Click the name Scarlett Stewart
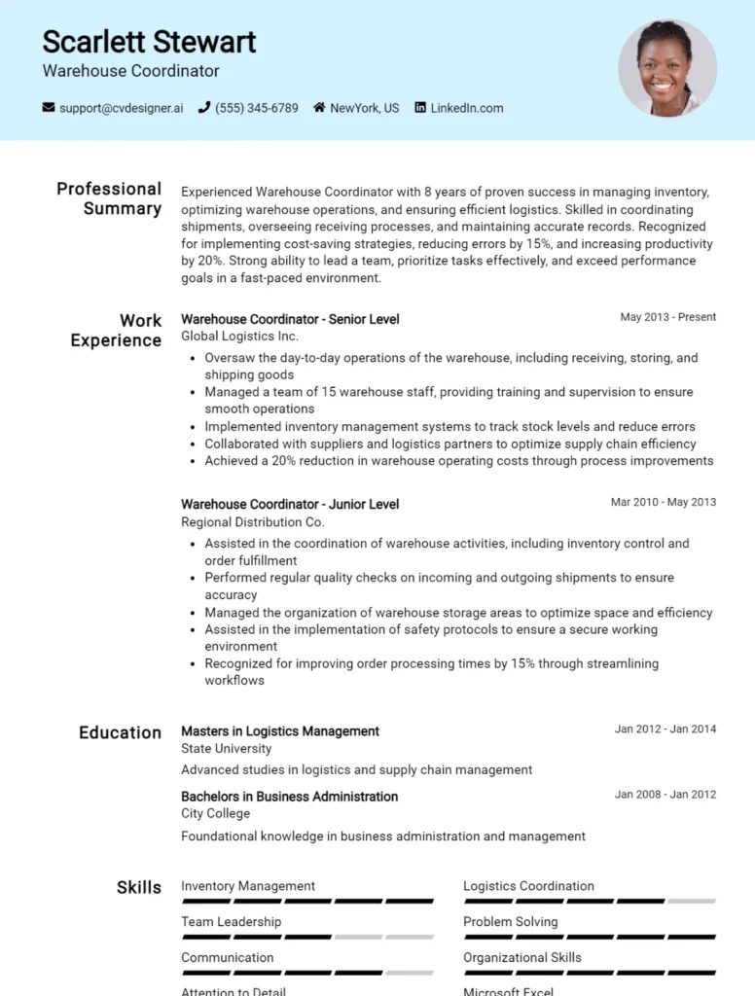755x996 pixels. pos(149,42)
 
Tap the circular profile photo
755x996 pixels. pos(667,69)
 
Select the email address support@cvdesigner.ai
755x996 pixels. pos(121,108)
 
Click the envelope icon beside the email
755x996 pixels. pos(49,108)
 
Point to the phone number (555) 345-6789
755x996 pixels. pos(256,108)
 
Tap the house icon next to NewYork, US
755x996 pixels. pos(319,108)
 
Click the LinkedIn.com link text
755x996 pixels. pos(467,108)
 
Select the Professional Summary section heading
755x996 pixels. pos(109,198)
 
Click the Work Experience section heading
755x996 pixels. pos(116,331)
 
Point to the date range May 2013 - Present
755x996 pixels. pos(667,317)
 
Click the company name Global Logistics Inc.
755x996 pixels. pos(239,337)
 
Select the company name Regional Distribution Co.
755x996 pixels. pos(252,522)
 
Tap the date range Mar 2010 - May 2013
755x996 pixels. pos(663,503)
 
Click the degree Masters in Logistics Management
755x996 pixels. pos(280,731)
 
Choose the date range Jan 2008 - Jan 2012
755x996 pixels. pos(665,795)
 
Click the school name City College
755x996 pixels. pos(215,814)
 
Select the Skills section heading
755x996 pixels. pos(139,887)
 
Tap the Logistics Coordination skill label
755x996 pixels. pos(528,886)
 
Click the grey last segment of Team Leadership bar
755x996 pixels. pos(409,937)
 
